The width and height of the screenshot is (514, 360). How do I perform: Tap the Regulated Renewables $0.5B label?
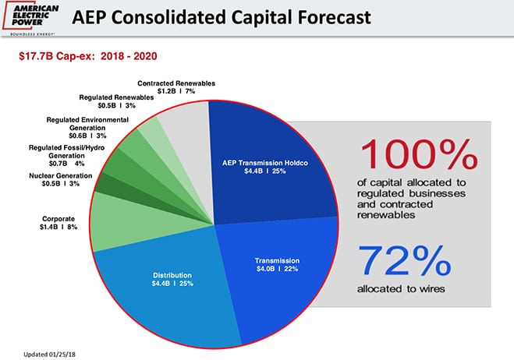click(116, 102)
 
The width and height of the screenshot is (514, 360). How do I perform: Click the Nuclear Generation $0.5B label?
click(60, 180)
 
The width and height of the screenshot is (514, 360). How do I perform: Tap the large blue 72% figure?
click(404, 261)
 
